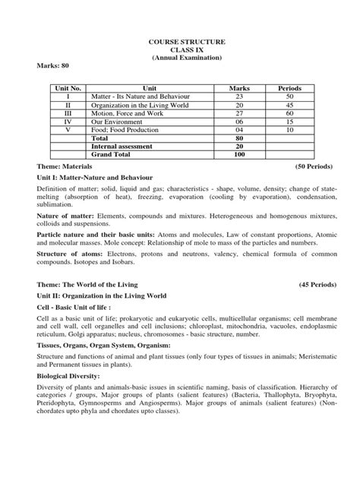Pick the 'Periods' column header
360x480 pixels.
[x=289, y=89]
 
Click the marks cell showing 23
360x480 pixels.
[x=239, y=98]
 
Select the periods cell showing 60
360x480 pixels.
[x=289, y=115]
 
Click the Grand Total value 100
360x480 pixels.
[x=239, y=156]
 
